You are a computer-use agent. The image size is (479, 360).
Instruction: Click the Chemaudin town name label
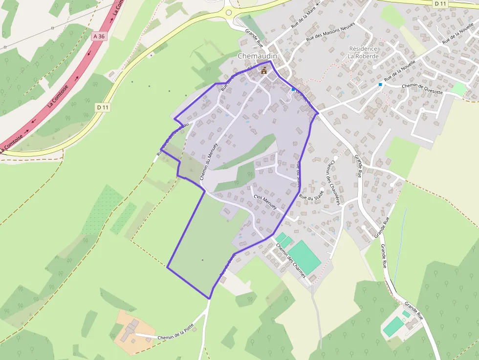pos(257,56)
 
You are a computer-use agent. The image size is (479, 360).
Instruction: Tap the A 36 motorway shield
pos(99,36)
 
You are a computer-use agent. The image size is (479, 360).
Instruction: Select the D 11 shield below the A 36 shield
pos(102,107)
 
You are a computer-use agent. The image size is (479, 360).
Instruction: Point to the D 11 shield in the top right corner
pos(440,3)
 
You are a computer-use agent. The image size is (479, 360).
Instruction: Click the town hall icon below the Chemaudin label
pos(264,70)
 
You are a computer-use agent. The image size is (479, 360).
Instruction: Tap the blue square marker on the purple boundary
pos(293,89)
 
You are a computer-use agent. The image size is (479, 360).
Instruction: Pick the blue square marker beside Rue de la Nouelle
pos(380,85)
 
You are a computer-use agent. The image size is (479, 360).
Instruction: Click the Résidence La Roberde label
pos(363,52)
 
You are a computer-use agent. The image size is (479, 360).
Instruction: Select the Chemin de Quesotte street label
pos(422,89)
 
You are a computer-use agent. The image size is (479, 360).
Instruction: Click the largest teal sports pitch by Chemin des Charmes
pos(304,257)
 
